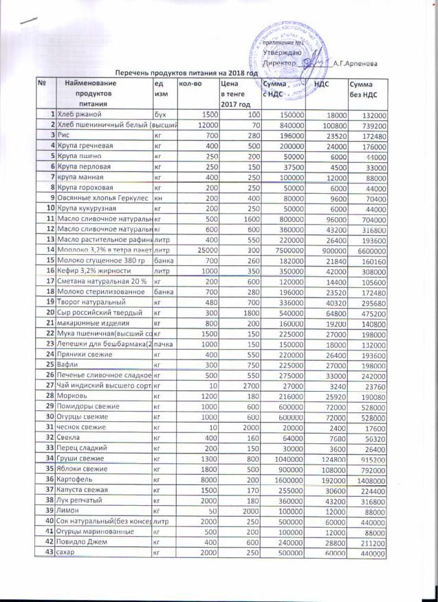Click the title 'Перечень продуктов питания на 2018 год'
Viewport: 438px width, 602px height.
tap(186, 71)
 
